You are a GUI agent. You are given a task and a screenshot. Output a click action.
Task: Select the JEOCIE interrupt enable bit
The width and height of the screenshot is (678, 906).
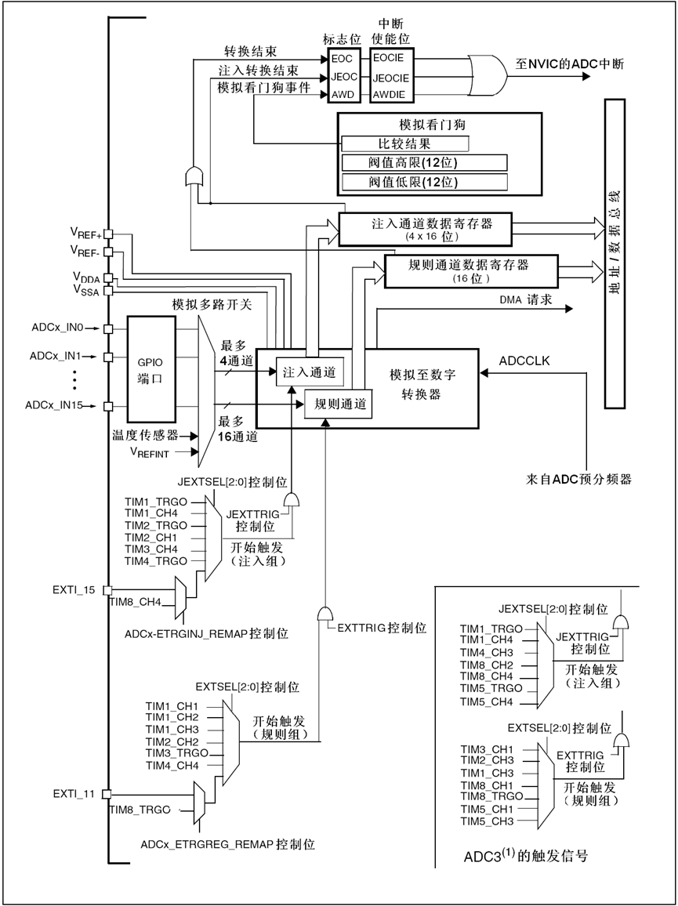pos(390,78)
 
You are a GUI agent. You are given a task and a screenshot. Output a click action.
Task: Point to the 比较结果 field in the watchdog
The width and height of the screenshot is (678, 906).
pos(404,144)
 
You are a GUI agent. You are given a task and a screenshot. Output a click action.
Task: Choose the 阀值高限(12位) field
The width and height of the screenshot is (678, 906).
pos(423,163)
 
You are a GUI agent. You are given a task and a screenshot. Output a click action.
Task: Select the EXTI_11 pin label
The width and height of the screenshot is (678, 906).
pos(74,793)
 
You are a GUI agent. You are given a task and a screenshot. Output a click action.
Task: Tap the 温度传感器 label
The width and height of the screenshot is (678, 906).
pos(145,434)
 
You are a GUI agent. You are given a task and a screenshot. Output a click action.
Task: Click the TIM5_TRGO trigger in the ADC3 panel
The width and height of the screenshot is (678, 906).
pos(485,687)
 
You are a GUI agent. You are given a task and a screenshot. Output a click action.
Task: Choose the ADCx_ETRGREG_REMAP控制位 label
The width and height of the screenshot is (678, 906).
pos(228,844)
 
